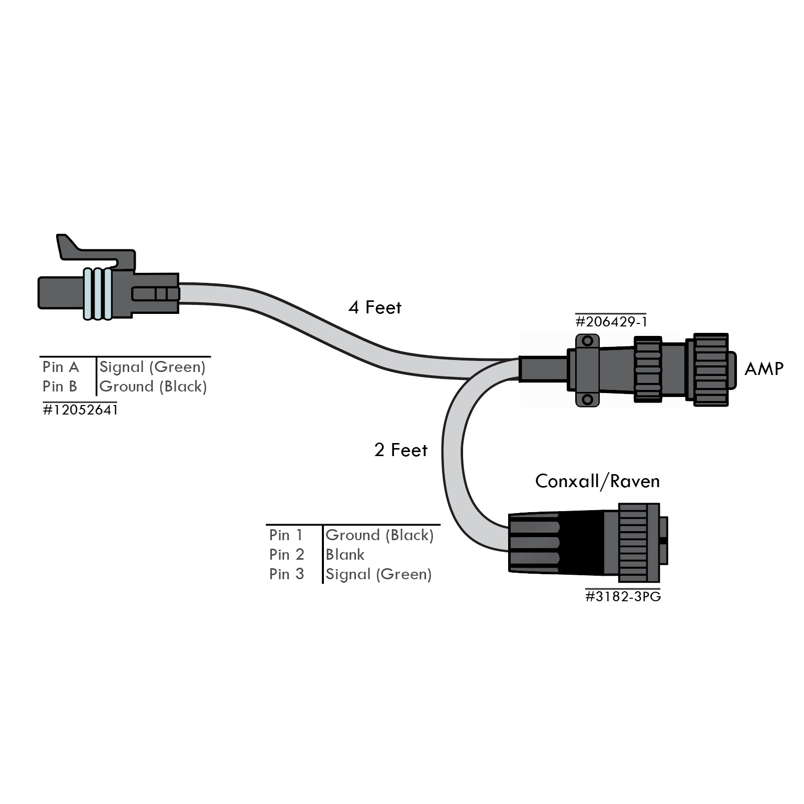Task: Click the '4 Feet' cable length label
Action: coord(374,307)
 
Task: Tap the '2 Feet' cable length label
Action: coord(400,450)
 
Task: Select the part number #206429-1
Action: coord(611,321)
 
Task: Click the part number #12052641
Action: coord(80,410)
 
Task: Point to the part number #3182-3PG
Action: coord(623,597)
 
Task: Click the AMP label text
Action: coord(763,369)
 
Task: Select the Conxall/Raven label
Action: coord(597,481)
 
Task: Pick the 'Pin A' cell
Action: coord(61,367)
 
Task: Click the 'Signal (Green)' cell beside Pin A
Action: coord(152,367)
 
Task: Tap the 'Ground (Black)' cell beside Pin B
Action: coord(153,386)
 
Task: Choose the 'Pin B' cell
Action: coord(60,386)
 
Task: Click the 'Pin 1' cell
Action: coord(286,535)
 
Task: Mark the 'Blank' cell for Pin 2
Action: coord(345,555)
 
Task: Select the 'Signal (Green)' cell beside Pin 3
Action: coord(378,574)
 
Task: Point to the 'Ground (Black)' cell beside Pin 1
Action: coord(379,535)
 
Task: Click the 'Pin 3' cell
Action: coord(286,574)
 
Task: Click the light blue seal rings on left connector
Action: coord(98,294)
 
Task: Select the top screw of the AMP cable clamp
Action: coord(587,341)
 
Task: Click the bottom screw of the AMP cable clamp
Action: coord(587,399)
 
